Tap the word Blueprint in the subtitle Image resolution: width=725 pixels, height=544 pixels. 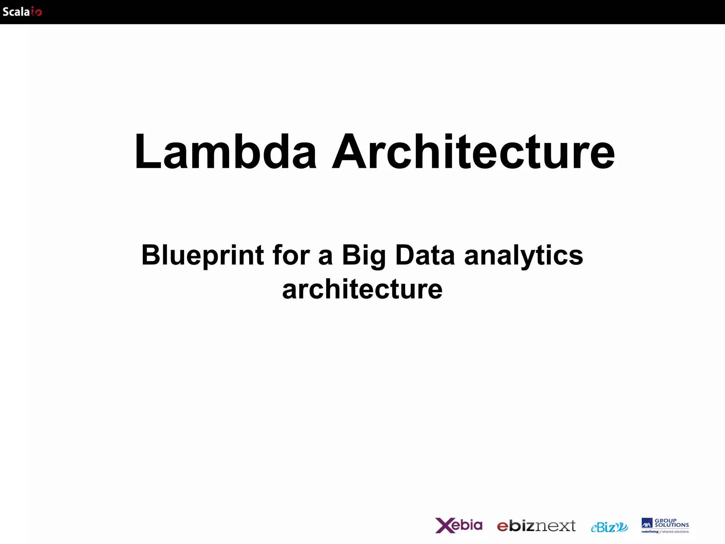(x=202, y=255)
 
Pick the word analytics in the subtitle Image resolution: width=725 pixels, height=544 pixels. (x=523, y=255)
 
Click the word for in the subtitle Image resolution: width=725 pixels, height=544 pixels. (x=291, y=255)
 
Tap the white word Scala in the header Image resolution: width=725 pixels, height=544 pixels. (x=16, y=12)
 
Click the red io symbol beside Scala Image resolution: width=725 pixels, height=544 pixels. (x=36, y=12)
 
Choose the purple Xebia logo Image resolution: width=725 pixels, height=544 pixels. (x=458, y=525)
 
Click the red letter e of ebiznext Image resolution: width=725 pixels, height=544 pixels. (x=503, y=527)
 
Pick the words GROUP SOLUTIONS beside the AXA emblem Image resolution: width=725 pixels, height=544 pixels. (x=671, y=523)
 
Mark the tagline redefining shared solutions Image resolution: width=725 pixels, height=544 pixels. (x=665, y=532)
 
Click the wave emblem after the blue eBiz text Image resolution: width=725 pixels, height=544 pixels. (x=622, y=527)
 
